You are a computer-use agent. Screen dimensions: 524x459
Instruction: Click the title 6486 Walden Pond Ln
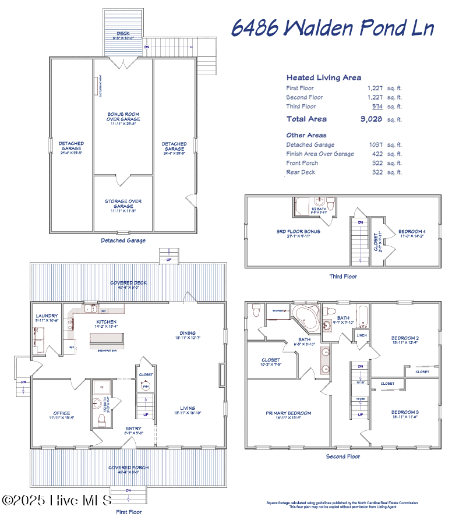click(333, 27)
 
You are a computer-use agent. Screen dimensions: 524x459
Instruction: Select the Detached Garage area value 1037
click(375, 145)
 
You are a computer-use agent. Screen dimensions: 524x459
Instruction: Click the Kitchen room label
click(106, 322)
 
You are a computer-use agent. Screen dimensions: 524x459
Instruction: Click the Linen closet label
click(361, 335)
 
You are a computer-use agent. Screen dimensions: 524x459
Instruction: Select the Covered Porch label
click(128, 468)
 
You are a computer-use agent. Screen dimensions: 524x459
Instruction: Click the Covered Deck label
click(128, 284)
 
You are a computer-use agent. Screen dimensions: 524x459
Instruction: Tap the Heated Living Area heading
click(323, 77)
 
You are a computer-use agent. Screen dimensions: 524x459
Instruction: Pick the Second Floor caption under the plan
click(343, 457)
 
